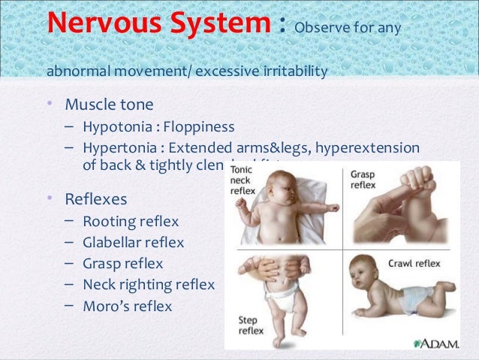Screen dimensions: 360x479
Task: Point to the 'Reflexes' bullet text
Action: coord(95,199)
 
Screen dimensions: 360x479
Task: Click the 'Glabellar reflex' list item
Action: coord(133,242)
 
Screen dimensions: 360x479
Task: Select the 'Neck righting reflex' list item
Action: coord(149,285)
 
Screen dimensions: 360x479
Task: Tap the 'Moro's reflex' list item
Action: coord(128,306)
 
